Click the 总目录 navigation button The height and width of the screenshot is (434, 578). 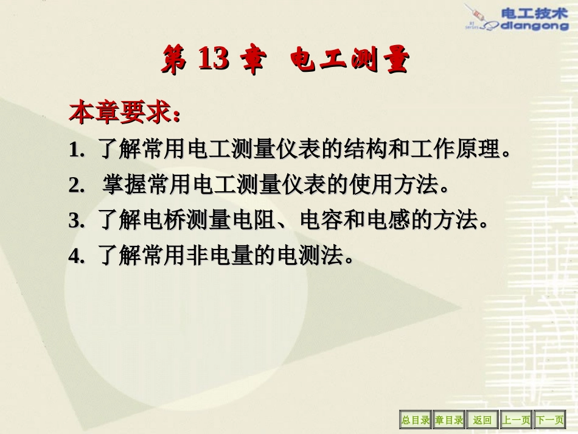[415, 419]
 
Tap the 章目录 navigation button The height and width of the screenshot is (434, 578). [449, 419]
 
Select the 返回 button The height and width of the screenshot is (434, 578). [482, 419]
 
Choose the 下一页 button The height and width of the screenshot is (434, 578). [549, 419]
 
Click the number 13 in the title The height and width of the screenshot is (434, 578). [213, 60]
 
